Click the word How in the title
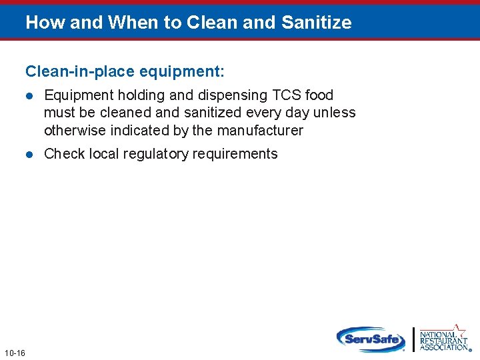pyautogui.click(x=43, y=23)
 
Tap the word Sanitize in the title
pyautogui.click(x=317, y=23)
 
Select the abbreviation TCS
pyautogui.click(x=287, y=95)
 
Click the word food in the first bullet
pyautogui.click(x=319, y=95)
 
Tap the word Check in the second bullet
pyautogui.click(x=65, y=154)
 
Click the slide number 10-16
pyautogui.click(x=14, y=352)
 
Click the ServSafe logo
pyautogui.click(x=371, y=339)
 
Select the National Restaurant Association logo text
pyautogui.click(x=443, y=341)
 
